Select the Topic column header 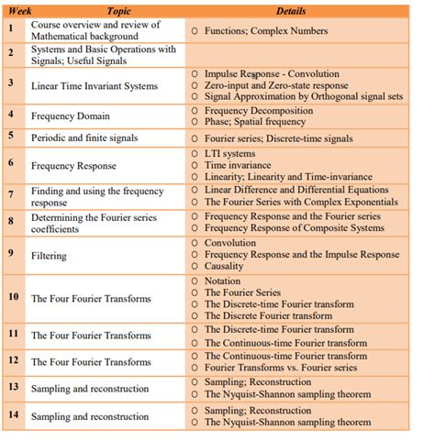point(106,10)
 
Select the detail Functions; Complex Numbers point(266,30)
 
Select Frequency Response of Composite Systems point(295,228)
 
